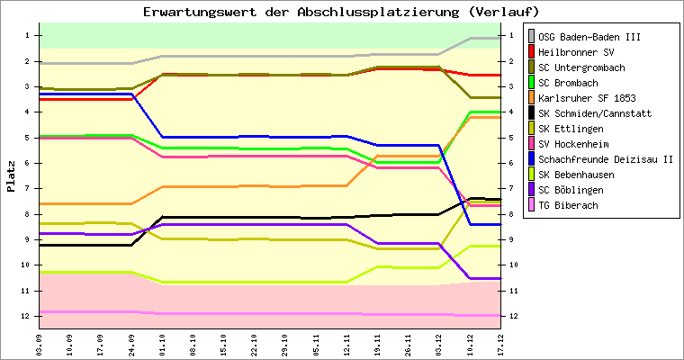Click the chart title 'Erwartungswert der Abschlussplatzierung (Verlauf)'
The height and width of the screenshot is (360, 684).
tap(341, 12)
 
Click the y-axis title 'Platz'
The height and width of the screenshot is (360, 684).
tap(12, 175)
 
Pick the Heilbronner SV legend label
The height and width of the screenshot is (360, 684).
tap(576, 52)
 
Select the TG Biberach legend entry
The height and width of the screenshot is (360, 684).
tap(572, 205)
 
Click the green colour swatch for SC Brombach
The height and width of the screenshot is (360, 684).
tap(531, 83)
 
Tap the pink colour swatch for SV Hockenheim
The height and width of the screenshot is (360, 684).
tap(531, 144)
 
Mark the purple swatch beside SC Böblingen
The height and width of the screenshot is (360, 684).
tap(531, 190)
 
